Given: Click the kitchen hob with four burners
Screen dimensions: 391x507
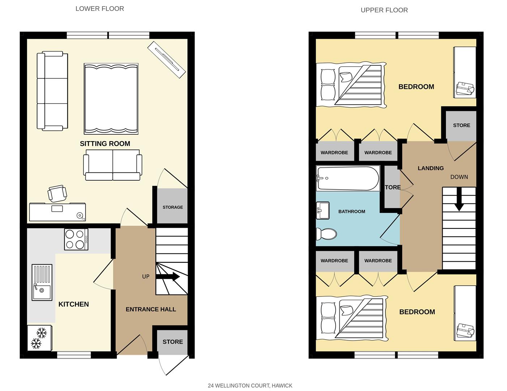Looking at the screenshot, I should pyautogui.click(x=76, y=239).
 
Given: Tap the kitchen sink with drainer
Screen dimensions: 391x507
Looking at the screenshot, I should pyautogui.click(x=42, y=282).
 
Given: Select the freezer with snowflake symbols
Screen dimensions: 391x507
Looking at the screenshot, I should pyautogui.click(x=39, y=338).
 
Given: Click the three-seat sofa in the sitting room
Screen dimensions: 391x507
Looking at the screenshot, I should pyautogui.click(x=52, y=91).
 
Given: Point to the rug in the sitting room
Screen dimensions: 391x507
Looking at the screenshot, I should pyautogui.click(x=111, y=98).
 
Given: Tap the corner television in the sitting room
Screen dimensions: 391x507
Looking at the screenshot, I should pyautogui.click(x=166, y=59).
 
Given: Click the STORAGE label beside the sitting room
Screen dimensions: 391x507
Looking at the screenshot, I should pyautogui.click(x=172, y=207).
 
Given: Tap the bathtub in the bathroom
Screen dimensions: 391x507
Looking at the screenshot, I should pyautogui.click(x=348, y=178).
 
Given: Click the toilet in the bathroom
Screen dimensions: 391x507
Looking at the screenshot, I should pyautogui.click(x=326, y=234).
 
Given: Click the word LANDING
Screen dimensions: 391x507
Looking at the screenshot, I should pyautogui.click(x=430, y=168).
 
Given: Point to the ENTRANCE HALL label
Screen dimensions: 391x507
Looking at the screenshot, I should pyautogui.click(x=151, y=309).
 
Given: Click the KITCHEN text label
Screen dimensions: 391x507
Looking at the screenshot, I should pyautogui.click(x=73, y=304).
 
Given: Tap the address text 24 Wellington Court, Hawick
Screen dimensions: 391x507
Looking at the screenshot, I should pyautogui.click(x=250, y=386).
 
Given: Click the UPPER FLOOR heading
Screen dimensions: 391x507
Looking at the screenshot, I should pyautogui.click(x=384, y=10).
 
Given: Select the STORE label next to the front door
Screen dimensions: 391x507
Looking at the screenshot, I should pyautogui.click(x=172, y=342).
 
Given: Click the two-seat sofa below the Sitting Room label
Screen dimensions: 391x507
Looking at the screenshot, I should pyautogui.click(x=112, y=167).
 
